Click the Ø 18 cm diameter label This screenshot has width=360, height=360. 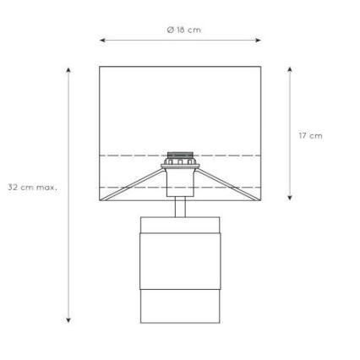click(x=184, y=30)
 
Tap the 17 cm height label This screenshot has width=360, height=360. click(x=311, y=136)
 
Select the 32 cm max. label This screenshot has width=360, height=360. click(x=32, y=188)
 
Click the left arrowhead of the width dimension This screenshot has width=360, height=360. click(x=102, y=41)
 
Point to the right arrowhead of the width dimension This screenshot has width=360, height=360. click(x=259, y=41)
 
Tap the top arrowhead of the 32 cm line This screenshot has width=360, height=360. click(x=68, y=70)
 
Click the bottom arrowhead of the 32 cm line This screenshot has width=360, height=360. click(x=68, y=319)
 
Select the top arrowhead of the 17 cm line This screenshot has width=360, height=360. click(x=290, y=69)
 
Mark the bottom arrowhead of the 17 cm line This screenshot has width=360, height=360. click(x=290, y=198)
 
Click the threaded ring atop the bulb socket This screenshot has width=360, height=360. click(x=180, y=155)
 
